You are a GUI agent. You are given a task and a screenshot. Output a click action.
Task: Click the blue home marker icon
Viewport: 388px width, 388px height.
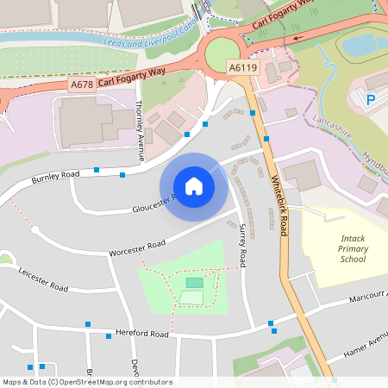(x=194, y=186)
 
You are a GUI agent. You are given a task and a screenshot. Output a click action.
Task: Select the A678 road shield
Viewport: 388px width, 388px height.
(x=81, y=85)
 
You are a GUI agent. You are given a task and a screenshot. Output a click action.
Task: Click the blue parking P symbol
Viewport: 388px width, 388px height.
(x=372, y=100)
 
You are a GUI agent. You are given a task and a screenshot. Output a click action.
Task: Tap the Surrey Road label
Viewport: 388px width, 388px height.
(x=242, y=247)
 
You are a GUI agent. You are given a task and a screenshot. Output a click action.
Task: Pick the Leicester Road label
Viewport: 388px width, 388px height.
(x=43, y=279)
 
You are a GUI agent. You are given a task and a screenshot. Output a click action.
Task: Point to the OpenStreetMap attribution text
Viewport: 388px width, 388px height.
(x=87, y=381)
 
